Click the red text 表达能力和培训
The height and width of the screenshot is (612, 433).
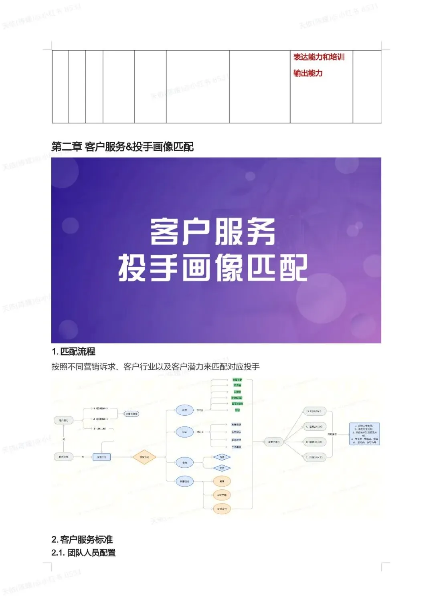[x=319, y=57]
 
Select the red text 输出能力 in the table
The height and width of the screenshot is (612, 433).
[x=308, y=73]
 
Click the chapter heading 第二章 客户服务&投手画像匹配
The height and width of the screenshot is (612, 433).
[x=122, y=147]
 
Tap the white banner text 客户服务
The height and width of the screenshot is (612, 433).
[x=212, y=232]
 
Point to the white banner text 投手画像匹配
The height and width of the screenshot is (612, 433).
[x=212, y=268]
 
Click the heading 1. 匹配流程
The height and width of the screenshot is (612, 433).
[x=73, y=351]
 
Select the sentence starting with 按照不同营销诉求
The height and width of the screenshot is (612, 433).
[x=156, y=367]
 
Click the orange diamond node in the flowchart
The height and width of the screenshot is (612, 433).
[x=144, y=457]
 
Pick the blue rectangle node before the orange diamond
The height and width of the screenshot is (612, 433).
[x=101, y=457]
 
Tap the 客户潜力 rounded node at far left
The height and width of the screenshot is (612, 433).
[x=64, y=420]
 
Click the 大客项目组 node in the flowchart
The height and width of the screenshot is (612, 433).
[x=132, y=414]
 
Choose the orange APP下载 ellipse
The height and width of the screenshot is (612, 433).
[x=222, y=495]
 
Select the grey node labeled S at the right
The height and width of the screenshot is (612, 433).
[x=315, y=411]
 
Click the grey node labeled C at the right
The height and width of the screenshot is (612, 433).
[x=315, y=457]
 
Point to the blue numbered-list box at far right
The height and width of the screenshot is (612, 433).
[x=364, y=434]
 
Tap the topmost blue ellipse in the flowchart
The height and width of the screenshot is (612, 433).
[x=184, y=410]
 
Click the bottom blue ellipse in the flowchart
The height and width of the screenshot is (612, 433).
[x=184, y=481]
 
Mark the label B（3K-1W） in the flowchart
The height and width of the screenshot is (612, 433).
[x=100, y=428]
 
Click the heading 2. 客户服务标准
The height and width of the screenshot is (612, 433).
[x=82, y=539]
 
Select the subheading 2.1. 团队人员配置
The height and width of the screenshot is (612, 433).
[x=83, y=553]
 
